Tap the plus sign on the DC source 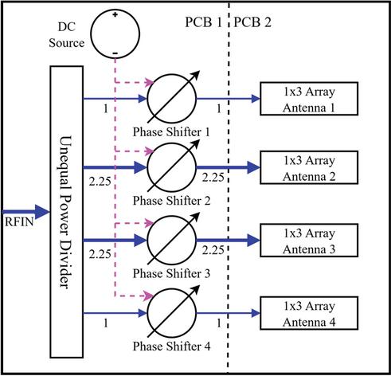(x=115, y=14)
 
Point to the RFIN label (x=19, y=221)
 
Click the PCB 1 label (x=203, y=22)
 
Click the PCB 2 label (x=252, y=22)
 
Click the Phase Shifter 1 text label (x=171, y=132)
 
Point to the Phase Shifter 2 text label (x=171, y=201)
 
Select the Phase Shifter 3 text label (x=171, y=273)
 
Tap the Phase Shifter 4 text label (x=171, y=347)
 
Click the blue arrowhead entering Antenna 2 (x=253, y=167)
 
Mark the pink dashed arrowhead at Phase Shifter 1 (x=150, y=82)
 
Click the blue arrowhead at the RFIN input (x=42, y=212)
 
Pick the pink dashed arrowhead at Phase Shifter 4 (x=150, y=295)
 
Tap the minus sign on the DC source (x=115, y=53)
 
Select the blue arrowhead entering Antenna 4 (x=256, y=313)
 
